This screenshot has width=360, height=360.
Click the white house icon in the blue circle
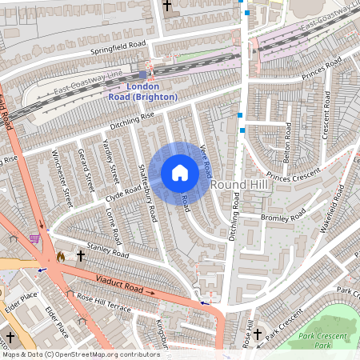click(x=180, y=172)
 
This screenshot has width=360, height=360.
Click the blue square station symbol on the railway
click(x=144, y=74)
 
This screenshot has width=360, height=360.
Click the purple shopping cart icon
click(x=34, y=238)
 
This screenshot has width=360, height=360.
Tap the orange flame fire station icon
click(x=61, y=257)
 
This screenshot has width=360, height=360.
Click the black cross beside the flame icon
click(x=80, y=256)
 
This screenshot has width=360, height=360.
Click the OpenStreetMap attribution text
click(x=69, y=354)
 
